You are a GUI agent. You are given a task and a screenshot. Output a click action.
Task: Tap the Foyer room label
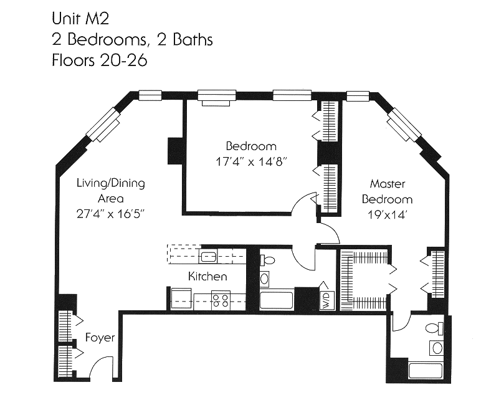(100, 338)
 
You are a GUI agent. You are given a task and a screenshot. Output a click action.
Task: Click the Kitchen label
(207, 276)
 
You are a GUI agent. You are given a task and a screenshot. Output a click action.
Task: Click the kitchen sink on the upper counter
(209, 255)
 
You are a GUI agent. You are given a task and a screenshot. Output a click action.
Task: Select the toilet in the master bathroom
(434, 328)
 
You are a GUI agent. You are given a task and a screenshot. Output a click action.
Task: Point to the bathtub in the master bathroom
(425, 370)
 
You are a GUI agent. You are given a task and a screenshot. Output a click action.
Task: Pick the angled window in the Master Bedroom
(403, 125)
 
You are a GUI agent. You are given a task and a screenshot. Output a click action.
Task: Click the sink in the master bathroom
(436, 347)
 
